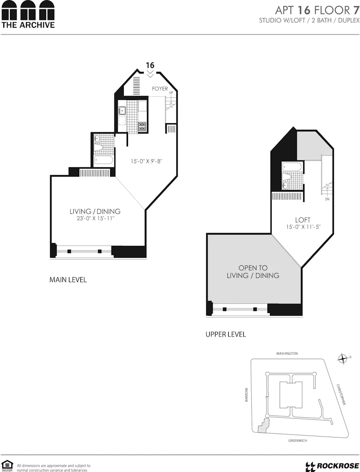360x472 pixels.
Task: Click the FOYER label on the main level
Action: pyautogui.click(x=160, y=89)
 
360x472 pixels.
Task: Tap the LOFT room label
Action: pyautogui.click(x=302, y=220)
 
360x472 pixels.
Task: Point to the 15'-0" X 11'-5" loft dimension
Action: pyautogui.click(x=302, y=228)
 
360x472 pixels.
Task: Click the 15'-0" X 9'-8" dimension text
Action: pyautogui.click(x=146, y=161)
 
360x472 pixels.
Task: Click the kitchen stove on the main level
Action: pyautogui.click(x=142, y=126)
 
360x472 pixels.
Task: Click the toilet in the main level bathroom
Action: pyautogui.click(x=98, y=147)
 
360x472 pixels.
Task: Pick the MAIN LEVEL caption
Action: pyautogui.click(x=68, y=280)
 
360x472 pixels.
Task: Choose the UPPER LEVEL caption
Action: pyautogui.click(x=226, y=334)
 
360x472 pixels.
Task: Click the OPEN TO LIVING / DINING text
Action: pyautogui.click(x=253, y=271)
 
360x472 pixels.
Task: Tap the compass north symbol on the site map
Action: pyautogui.click(x=343, y=359)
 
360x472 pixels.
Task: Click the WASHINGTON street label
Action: pyautogui.click(x=287, y=353)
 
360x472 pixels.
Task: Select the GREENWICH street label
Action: pyautogui.click(x=298, y=440)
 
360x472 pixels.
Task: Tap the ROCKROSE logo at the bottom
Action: pyautogui.click(x=331, y=466)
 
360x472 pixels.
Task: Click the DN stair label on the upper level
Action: pyautogui.click(x=327, y=199)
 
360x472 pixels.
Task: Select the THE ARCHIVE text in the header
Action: pyautogui.click(x=28, y=25)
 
